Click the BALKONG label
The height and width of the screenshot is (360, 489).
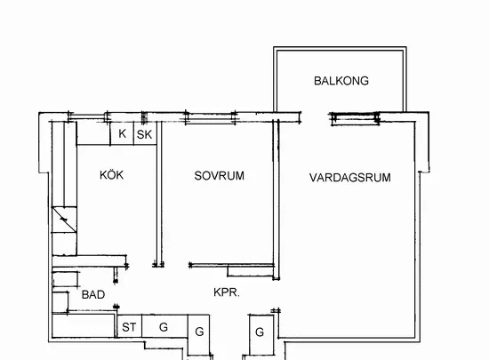341,81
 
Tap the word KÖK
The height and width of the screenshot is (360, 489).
112,174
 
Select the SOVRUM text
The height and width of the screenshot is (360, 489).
220,176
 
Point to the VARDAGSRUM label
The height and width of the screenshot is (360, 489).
350,178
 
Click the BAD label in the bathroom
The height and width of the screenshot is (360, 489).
93,294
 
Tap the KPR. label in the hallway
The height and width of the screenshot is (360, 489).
227,292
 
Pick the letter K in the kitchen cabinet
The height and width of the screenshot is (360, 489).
123,133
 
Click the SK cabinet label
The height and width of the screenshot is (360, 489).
144,134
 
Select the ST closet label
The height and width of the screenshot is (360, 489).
129,327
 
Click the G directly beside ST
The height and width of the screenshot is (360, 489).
164,327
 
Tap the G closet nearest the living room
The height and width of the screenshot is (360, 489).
260,332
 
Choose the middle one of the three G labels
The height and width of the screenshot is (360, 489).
199,332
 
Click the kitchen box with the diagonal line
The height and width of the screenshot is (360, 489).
64,220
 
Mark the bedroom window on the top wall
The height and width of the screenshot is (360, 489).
211,118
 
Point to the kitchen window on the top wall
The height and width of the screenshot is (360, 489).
88,117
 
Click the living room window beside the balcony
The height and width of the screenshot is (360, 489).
356,119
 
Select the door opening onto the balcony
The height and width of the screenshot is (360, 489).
315,116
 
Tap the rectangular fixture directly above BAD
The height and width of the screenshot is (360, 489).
66,279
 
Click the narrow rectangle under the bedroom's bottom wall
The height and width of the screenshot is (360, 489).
251,272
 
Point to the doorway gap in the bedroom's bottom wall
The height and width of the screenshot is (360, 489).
176,265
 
